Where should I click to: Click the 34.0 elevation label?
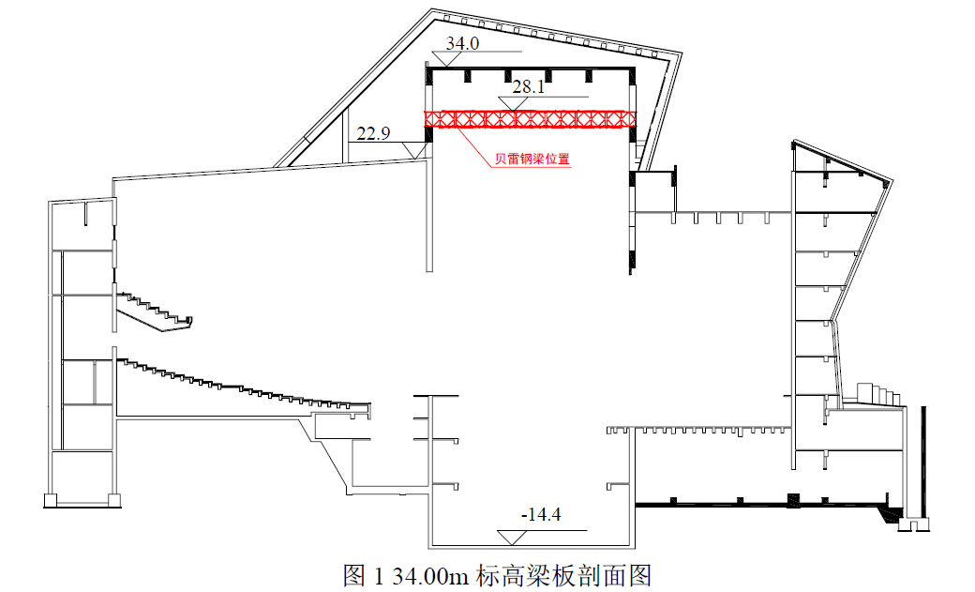pos(462,43)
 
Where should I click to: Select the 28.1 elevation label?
pos(529,87)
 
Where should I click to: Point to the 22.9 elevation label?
pos(373,134)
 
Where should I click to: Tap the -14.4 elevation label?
pos(540,515)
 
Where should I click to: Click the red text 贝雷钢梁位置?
pos(532,159)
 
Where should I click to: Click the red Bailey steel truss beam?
pos(531,119)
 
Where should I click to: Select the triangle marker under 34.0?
pos(448,58)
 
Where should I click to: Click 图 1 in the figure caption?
pos(362,574)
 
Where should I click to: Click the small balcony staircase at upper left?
pos(155,311)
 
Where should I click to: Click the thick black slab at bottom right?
pos(759,505)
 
